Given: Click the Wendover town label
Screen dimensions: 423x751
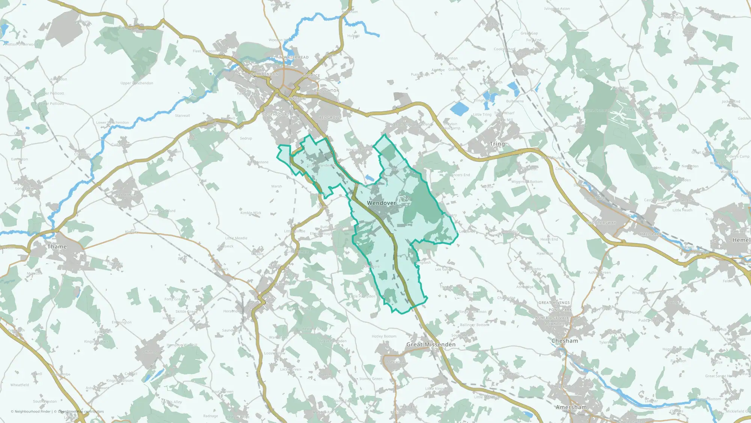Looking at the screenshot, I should [382, 203].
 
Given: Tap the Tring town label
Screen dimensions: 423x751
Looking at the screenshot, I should [497, 144].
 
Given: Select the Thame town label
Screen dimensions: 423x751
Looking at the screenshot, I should [57, 247].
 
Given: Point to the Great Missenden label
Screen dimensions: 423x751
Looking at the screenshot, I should [431, 344].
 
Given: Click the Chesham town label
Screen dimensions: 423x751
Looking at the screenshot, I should [565, 341].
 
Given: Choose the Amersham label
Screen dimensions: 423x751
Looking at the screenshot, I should [571, 407].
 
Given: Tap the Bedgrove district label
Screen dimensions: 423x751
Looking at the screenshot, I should [330, 118].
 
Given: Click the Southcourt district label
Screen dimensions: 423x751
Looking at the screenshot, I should [276, 114].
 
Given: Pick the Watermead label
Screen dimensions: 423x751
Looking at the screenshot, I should [296, 57].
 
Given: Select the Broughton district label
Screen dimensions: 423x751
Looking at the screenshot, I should [326, 91].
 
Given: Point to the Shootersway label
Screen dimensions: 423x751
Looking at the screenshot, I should [601, 223].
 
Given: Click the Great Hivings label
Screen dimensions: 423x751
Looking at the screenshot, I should [554, 303].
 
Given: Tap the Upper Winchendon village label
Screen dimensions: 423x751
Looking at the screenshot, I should [137, 83].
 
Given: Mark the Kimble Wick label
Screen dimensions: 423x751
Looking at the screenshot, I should [251, 213].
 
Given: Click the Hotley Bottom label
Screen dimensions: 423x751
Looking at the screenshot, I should [384, 337].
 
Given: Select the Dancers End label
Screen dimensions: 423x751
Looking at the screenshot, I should [459, 175].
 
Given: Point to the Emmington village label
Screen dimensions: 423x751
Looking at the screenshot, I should [121, 322].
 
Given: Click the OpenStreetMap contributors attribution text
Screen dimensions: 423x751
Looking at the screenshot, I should [81, 411].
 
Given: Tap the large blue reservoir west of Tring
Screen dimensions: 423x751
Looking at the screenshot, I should [460, 109].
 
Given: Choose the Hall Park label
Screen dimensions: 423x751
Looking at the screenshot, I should [651, 234].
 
